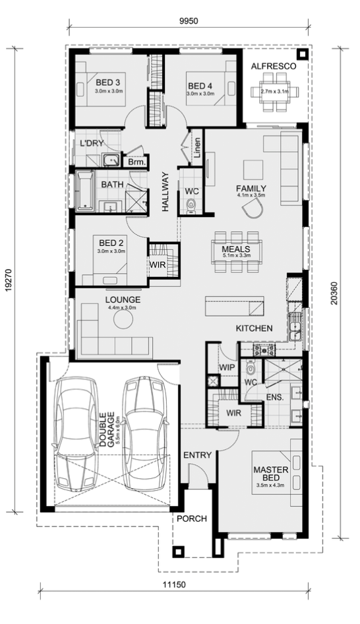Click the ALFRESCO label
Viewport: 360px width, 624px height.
click(273, 67)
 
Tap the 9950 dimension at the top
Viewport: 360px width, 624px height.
click(188, 21)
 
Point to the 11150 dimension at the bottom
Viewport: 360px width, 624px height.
click(174, 584)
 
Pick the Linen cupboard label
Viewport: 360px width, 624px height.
click(198, 148)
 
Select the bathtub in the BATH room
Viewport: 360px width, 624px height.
click(85, 190)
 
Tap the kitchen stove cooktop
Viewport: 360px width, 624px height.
click(264, 350)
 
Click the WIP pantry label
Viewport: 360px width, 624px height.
click(227, 367)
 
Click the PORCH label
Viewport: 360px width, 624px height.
click(192, 518)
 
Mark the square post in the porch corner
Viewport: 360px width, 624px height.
click(179, 551)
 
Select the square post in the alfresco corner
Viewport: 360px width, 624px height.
click(303, 55)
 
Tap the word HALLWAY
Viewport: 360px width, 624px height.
click(165, 191)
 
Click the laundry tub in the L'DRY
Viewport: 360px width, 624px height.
click(111, 160)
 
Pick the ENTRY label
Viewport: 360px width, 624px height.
click(197, 455)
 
